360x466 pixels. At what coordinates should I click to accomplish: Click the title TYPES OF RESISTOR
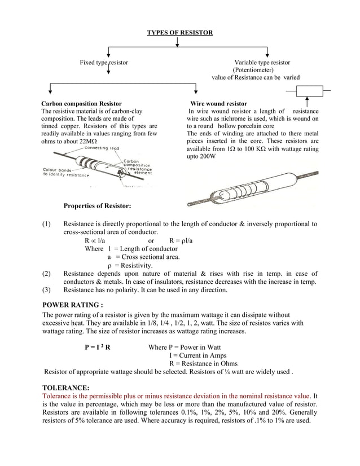(180, 33)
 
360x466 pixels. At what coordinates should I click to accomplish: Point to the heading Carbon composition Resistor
(81, 104)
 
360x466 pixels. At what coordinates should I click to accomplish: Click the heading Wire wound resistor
(218, 104)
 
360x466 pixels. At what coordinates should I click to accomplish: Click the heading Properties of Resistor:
(97, 206)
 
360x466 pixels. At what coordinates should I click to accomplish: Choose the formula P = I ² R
(96, 347)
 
